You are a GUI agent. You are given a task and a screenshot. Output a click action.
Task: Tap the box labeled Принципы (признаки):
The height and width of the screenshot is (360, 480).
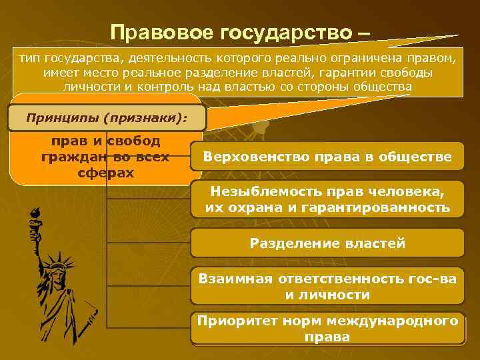click(x=107, y=118)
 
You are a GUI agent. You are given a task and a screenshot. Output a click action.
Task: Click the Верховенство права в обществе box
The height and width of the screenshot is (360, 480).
click(x=327, y=157)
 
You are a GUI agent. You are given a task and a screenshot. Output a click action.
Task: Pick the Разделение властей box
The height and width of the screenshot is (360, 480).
click(x=327, y=243)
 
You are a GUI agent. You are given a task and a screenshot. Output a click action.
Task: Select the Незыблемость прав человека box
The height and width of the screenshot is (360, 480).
click(x=327, y=199)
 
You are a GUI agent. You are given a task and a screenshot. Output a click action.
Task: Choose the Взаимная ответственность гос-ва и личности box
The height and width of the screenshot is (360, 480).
click(x=327, y=287)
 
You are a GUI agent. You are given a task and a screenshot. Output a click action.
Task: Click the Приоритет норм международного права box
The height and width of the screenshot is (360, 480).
click(x=327, y=329)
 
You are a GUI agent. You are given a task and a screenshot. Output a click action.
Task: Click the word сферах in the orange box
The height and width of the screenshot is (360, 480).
click(x=106, y=173)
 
